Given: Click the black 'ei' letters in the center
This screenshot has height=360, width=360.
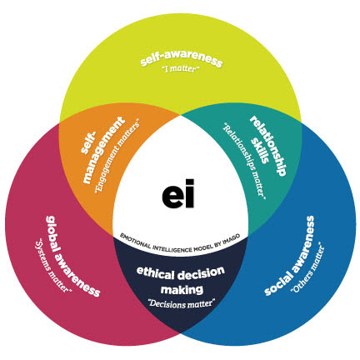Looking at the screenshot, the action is tap(178, 193).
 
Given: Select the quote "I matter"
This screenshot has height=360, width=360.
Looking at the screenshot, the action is tap(181, 68).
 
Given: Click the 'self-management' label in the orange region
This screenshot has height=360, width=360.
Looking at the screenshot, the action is tap(102, 149).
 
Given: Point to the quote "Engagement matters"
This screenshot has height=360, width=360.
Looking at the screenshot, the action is tap(117, 157).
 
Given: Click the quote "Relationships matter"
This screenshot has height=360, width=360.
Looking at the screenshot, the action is tap(245, 161).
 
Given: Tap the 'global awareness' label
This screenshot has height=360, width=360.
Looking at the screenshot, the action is tap(72, 256).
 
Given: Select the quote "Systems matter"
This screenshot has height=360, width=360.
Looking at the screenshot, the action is tap(52, 266).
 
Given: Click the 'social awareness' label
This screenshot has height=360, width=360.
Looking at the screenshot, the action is tap(289, 256).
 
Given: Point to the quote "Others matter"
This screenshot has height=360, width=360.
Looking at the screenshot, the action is tap(307, 268).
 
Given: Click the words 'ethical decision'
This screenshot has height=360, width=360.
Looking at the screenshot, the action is tap(181, 273).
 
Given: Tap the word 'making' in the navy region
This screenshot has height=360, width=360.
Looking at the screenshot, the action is tap(182, 290).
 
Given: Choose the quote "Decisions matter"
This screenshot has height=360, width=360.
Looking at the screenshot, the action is tap(182, 303).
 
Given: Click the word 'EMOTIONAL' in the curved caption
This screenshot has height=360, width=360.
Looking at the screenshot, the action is tap(135, 241).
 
